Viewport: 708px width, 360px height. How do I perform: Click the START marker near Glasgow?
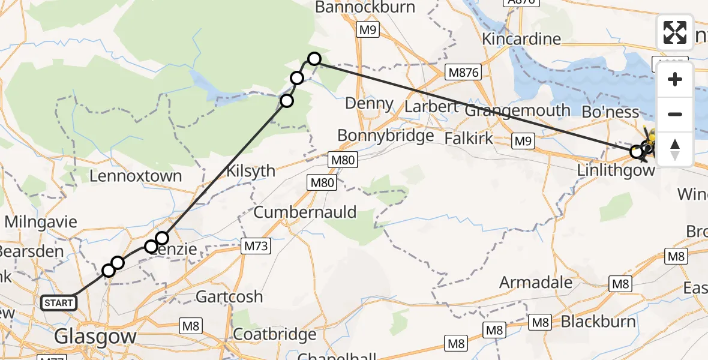[x=58, y=303]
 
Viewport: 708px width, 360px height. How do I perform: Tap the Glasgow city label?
[x=95, y=337]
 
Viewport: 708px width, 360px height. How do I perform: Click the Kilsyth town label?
[x=251, y=171]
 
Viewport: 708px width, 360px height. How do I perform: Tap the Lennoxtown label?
[x=135, y=176]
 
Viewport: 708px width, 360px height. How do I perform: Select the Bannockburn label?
[x=365, y=7]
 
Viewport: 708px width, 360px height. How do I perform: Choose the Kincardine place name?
[x=521, y=39]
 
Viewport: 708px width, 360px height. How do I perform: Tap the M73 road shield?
[x=256, y=245]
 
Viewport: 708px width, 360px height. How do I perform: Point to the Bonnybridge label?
[x=385, y=136]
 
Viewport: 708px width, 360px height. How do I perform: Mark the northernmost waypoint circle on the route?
[x=314, y=59]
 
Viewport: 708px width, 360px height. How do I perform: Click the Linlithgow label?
[x=615, y=170]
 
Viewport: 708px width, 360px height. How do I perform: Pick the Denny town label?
[x=370, y=104]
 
